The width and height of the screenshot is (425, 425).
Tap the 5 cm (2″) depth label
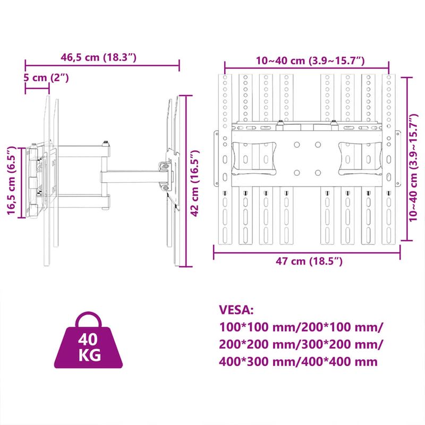47,78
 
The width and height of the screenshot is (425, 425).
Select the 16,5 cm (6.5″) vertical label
11,182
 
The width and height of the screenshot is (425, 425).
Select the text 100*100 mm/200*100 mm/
301,327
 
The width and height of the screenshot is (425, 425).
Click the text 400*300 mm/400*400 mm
298,362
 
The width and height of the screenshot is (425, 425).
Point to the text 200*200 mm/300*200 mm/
301,344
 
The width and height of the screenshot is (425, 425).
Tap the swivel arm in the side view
133,175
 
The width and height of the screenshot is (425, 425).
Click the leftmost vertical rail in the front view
226,159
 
